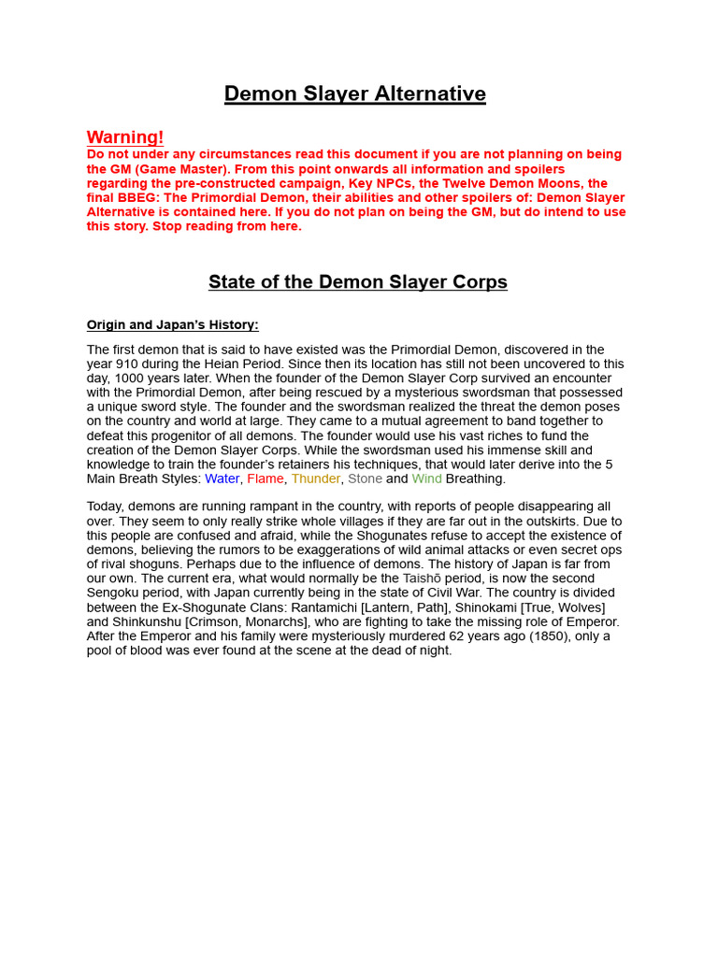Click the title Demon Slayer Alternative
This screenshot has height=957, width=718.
tap(354, 93)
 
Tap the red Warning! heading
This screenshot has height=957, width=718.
tap(125, 137)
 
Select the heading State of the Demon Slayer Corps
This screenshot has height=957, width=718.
tap(358, 282)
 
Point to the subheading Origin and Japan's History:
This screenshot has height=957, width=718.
tap(173, 325)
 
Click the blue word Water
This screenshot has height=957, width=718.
tap(223, 478)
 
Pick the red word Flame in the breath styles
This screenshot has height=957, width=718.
tap(266, 478)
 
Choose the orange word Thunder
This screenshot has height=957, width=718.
tap(316, 478)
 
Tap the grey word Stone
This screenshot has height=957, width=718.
tap(365, 478)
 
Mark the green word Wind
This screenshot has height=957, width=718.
tap(426, 478)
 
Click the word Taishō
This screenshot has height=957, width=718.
tap(423, 578)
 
